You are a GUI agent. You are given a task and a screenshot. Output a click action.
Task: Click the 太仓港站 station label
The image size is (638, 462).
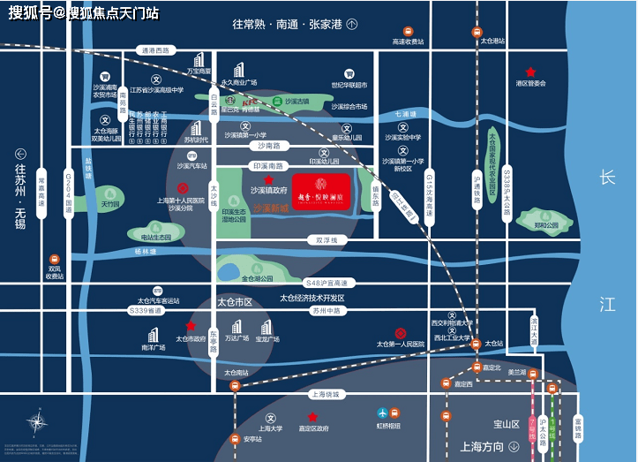492,41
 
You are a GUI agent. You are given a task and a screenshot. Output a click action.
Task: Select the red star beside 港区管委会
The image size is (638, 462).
530,72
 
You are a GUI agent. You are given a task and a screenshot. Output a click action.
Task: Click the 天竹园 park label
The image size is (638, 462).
109,204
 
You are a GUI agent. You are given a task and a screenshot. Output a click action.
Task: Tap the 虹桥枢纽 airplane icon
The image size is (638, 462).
382,413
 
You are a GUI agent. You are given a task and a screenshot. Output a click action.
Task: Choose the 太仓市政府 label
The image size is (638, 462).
190,338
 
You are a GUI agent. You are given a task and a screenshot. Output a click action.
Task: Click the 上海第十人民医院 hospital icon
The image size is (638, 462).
183,188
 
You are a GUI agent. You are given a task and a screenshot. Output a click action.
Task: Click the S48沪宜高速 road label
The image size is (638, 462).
327,283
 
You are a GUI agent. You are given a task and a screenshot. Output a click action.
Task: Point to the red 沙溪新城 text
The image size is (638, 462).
273,208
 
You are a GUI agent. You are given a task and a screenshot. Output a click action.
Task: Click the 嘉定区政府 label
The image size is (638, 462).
313,428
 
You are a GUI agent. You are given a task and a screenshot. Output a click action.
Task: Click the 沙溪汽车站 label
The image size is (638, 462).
191,166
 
